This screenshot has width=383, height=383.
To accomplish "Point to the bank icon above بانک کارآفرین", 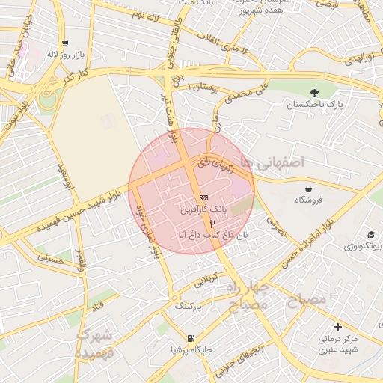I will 203,197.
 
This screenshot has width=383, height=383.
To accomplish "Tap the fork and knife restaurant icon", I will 213,223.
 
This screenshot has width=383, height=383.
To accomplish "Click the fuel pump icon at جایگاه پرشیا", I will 191,338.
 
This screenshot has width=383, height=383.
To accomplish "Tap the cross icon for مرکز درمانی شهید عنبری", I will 338,327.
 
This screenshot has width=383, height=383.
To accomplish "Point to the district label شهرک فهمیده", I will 94,342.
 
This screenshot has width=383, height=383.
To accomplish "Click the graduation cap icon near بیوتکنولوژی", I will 371,234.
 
